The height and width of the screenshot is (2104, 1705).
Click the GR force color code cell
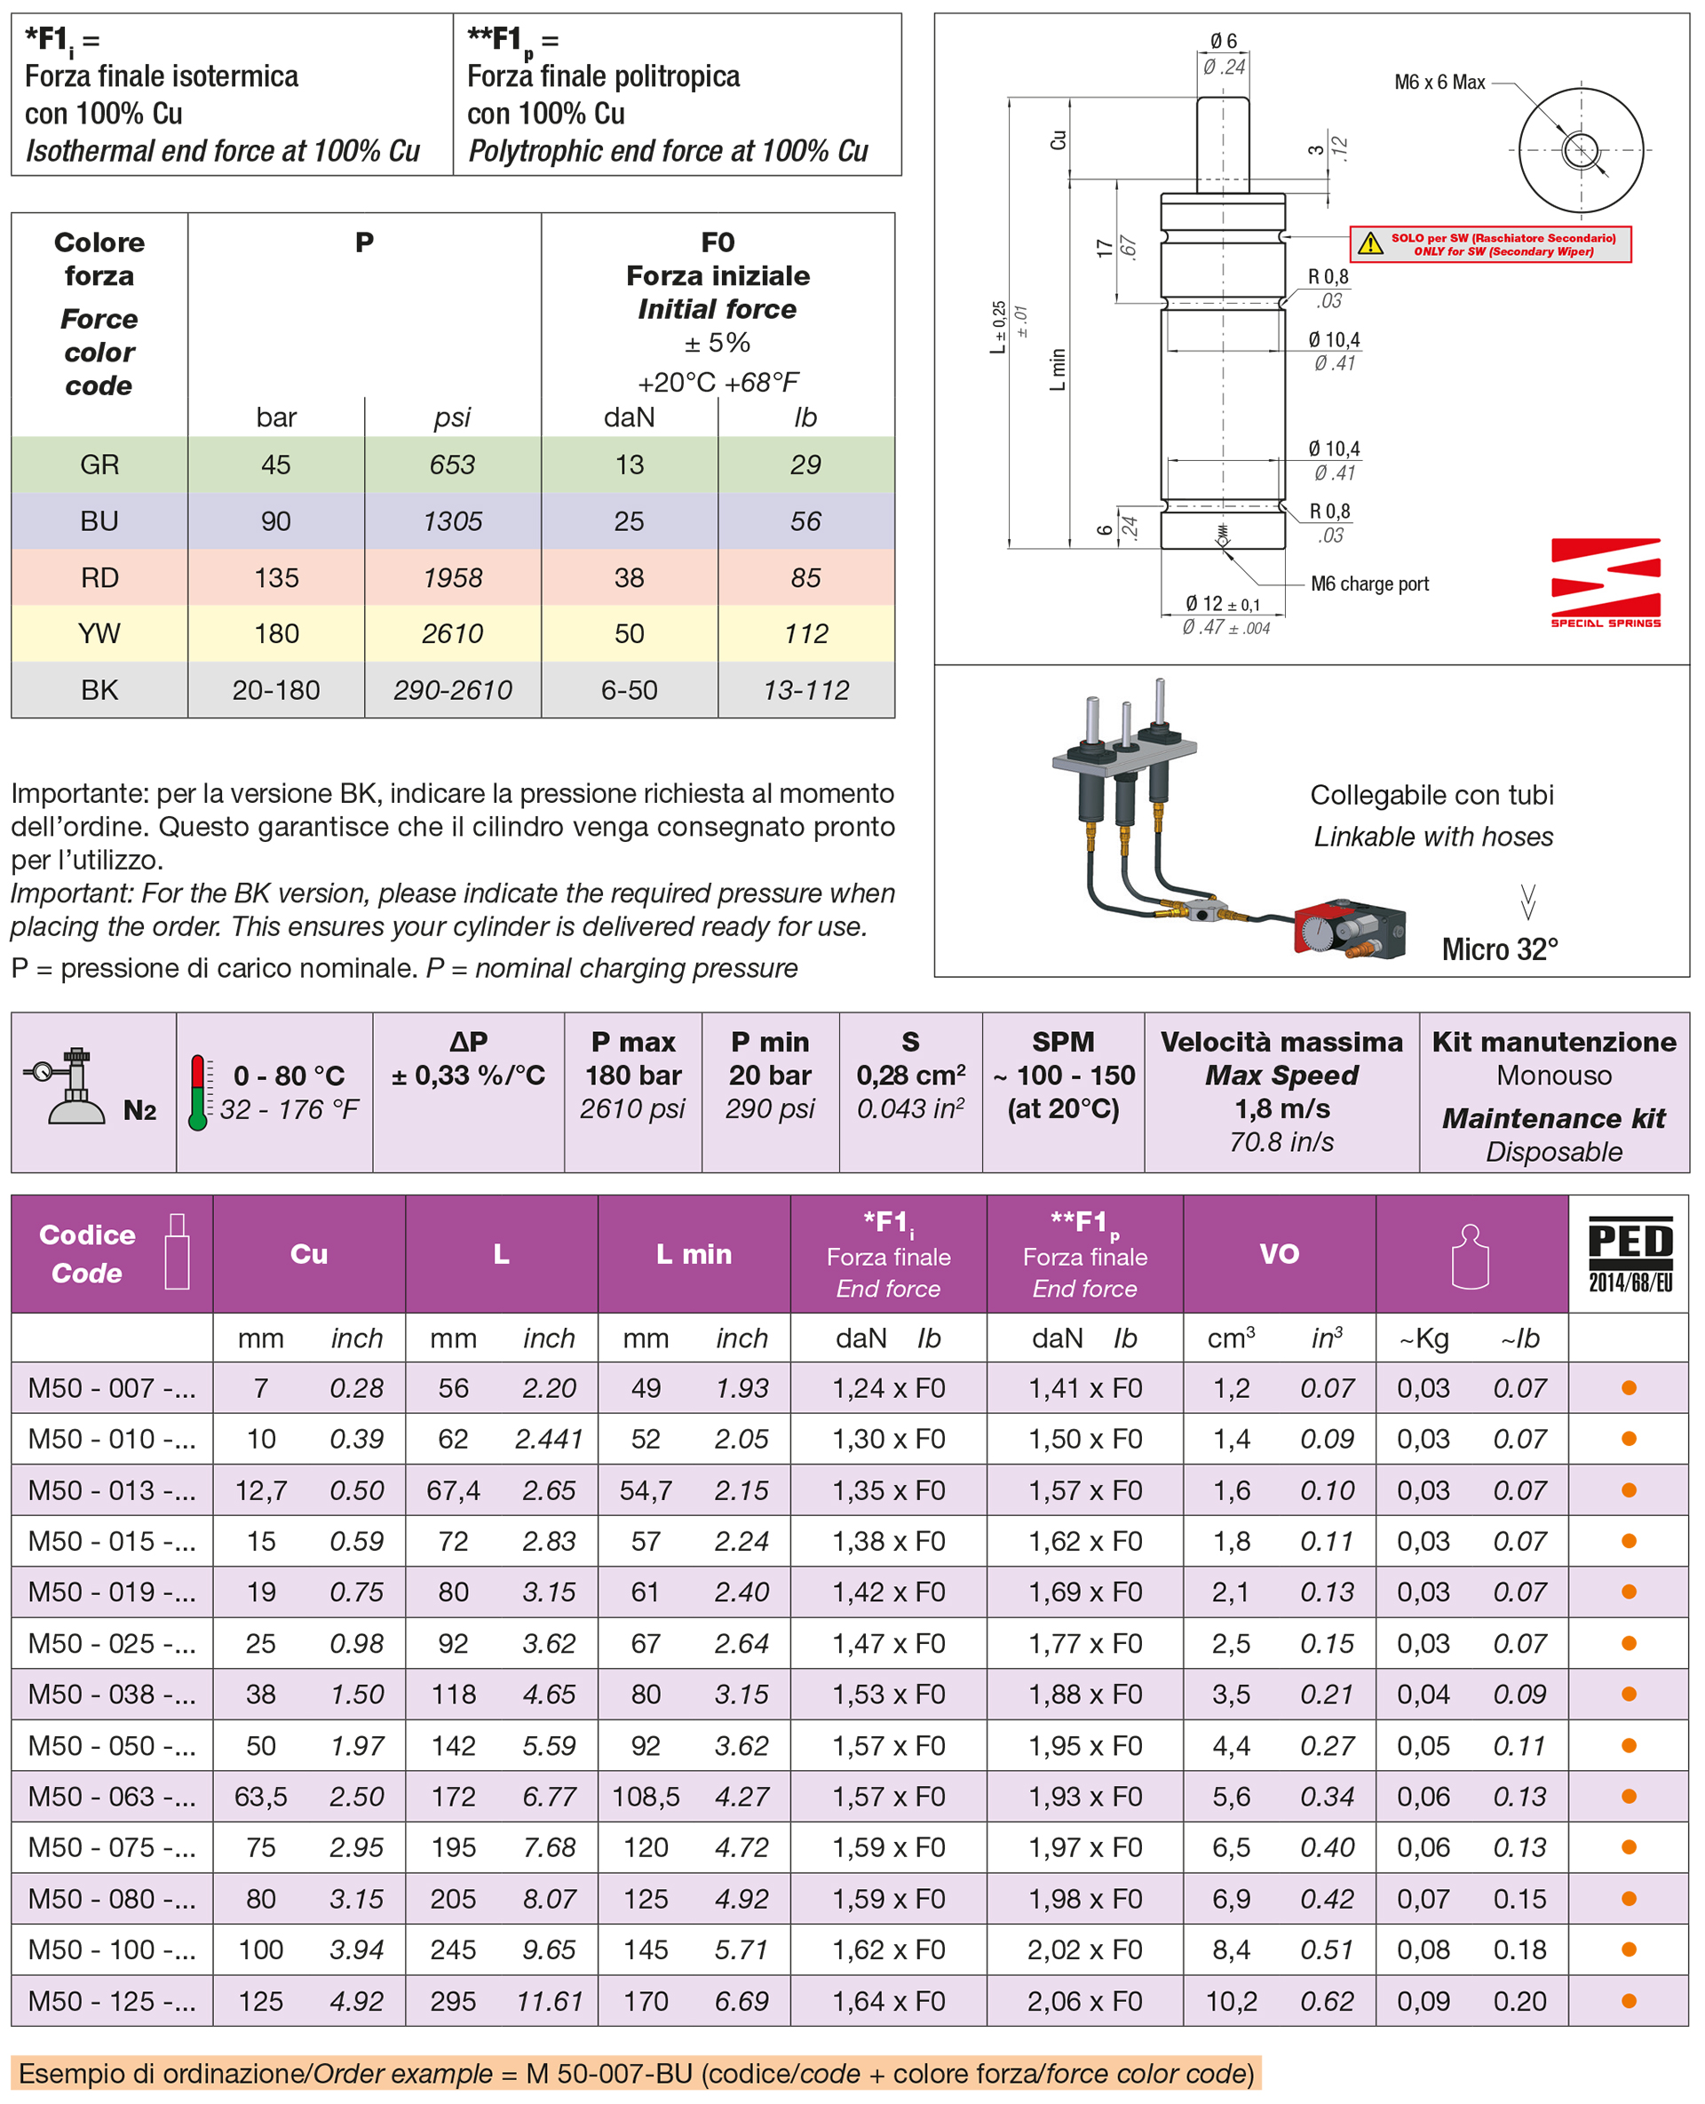pyautogui.click(x=99, y=464)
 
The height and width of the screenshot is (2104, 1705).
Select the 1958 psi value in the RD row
pyautogui.click(x=452, y=577)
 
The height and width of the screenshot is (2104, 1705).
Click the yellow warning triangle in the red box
pyautogui.click(x=1370, y=243)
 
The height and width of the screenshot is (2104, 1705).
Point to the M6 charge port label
pyautogui.click(x=1369, y=584)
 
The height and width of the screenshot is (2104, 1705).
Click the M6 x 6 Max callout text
pyautogui.click(x=1439, y=83)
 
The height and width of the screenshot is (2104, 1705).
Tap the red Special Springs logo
pyautogui.click(x=1605, y=582)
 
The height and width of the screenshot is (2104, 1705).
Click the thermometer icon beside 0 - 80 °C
pyautogui.click(x=198, y=1092)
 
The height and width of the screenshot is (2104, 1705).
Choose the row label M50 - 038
pyautogui.click(x=111, y=1695)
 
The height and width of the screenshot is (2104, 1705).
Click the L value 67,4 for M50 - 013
pyautogui.click(x=453, y=1490)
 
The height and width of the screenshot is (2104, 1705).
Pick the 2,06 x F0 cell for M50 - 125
pyautogui.click(x=1084, y=2001)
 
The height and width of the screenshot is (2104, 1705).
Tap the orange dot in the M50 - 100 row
pyautogui.click(x=1629, y=1949)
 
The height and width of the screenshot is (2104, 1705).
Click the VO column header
pyautogui.click(x=1279, y=1253)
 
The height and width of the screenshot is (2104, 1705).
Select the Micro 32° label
pyautogui.click(x=1499, y=949)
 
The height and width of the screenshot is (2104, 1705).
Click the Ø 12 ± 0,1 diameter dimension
pyautogui.click(x=1222, y=604)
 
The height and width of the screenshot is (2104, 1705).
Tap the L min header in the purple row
pyautogui.click(x=694, y=1254)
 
